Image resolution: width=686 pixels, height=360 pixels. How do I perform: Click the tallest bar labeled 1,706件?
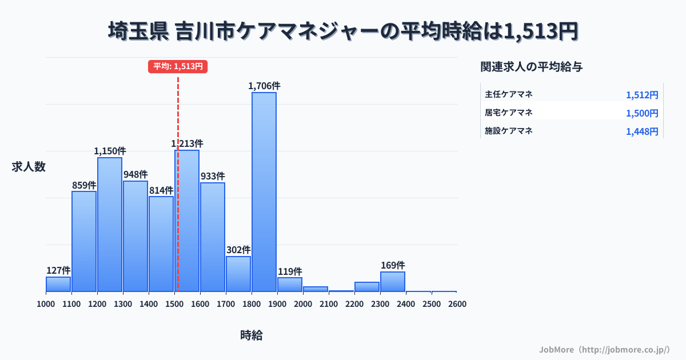pyautogui.click(x=264, y=191)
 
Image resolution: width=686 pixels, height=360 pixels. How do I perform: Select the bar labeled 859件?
pyautogui.click(x=84, y=241)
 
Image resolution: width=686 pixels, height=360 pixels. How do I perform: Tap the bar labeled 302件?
pyautogui.click(x=238, y=274)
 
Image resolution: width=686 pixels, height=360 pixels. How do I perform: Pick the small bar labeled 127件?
pyautogui.click(x=58, y=284)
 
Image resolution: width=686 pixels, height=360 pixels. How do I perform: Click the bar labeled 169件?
pyautogui.click(x=393, y=281)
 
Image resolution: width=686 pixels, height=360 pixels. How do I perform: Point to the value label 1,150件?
pyautogui.click(x=110, y=151)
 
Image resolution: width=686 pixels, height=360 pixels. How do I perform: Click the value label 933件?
pyautogui.click(x=213, y=177)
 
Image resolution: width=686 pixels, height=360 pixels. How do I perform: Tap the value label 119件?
pyautogui.click(x=290, y=271)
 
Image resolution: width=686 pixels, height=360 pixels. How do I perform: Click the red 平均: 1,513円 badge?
pyautogui.click(x=178, y=66)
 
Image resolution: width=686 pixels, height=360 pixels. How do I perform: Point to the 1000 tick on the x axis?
pyautogui.click(x=46, y=304)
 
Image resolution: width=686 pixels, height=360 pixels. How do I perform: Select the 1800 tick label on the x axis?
pyautogui.click(x=252, y=304)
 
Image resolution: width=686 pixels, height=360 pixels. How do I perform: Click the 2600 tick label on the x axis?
pyautogui.click(x=457, y=304)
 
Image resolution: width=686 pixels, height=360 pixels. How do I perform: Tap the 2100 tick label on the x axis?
pyautogui.click(x=329, y=304)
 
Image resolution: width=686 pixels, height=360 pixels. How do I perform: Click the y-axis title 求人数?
pyautogui.click(x=29, y=167)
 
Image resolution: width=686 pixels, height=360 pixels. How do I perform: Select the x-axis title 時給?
pyautogui.click(x=252, y=335)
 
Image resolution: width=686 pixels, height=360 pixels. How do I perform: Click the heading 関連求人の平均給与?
pyautogui.click(x=532, y=67)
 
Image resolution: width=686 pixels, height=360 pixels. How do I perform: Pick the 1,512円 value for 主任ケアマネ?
pyautogui.click(x=642, y=95)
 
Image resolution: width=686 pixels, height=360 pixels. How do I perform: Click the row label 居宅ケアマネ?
pyautogui.click(x=509, y=113)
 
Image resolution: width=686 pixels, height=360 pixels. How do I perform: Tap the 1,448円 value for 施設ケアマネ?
pyautogui.click(x=642, y=131)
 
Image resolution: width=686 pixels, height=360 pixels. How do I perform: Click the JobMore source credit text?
pyautogui.click(x=604, y=349)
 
